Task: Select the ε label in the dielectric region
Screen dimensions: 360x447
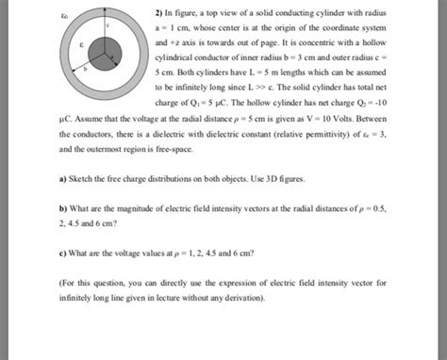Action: [82, 44]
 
